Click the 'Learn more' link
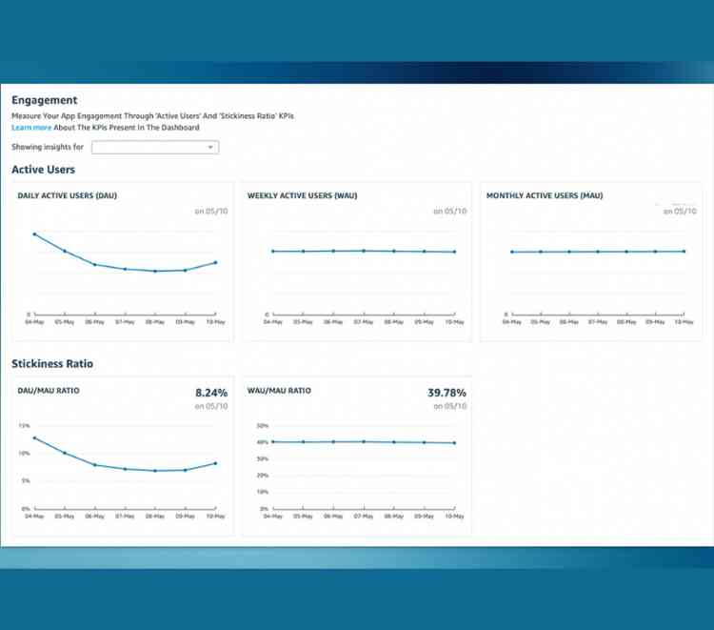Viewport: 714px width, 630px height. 31,127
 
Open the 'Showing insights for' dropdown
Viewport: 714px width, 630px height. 155,148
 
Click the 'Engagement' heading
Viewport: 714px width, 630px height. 45,100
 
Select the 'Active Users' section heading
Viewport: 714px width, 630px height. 43,170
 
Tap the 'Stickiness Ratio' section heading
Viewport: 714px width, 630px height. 52,363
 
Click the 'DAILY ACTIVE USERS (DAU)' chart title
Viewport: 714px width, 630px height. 68,195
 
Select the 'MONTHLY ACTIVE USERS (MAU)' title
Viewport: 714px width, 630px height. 545,195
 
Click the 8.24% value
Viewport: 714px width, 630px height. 211,392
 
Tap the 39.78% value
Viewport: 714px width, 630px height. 446,392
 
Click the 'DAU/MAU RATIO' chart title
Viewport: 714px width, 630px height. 49,391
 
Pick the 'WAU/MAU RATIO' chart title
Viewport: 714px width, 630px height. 279,391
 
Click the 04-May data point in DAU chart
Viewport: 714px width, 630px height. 34,234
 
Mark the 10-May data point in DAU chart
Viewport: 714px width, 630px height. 217,262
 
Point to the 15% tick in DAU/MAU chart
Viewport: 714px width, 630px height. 25,425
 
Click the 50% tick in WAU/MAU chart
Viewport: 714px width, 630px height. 263,425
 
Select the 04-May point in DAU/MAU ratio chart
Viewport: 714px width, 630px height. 34,437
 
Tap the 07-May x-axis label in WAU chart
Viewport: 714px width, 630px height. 364,322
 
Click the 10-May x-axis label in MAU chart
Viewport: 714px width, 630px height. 684,322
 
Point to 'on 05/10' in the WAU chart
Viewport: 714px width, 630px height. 450,211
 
